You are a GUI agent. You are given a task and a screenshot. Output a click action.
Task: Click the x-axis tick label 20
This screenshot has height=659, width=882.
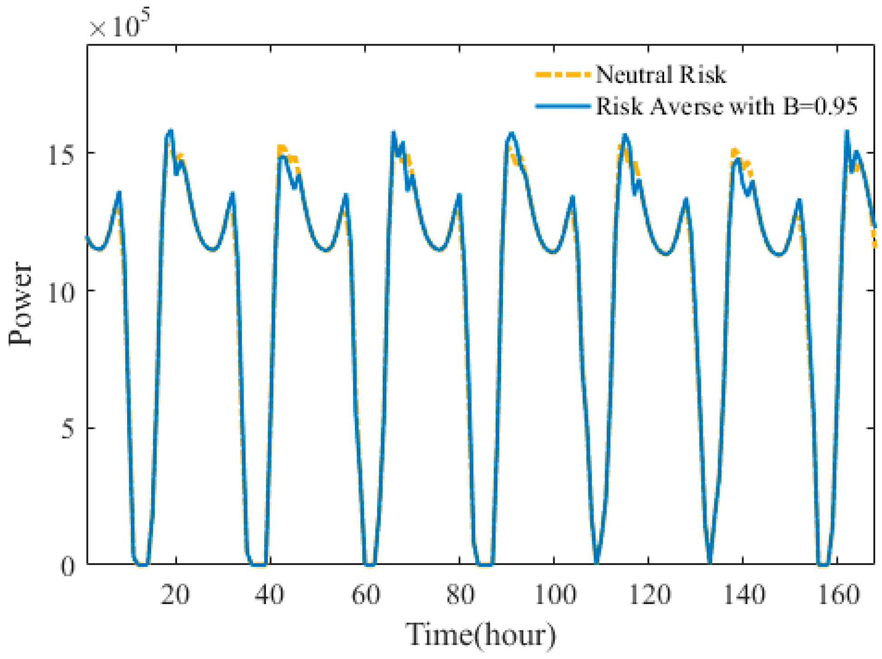click(175, 595)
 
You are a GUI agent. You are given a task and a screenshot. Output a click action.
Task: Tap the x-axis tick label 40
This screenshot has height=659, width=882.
click(270, 595)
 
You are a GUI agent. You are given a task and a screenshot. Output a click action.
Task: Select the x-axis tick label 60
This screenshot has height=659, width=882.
click(365, 595)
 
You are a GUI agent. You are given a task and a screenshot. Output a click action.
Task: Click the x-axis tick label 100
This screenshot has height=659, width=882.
click(555, 595)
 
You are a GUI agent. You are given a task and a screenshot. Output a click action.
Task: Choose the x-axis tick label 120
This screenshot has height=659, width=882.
click(650, 595)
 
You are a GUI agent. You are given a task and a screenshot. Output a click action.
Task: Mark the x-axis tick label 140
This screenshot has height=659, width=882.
click(744, 595)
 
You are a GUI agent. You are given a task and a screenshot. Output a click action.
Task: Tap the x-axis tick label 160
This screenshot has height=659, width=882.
click(838, 595)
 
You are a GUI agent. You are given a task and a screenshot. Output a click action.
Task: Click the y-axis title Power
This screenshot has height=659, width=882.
click(21, 303)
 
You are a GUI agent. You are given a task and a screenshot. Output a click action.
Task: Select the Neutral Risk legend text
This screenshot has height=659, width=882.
click(660, 74)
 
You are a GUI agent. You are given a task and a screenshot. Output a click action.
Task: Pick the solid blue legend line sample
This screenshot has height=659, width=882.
click(563, 107)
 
